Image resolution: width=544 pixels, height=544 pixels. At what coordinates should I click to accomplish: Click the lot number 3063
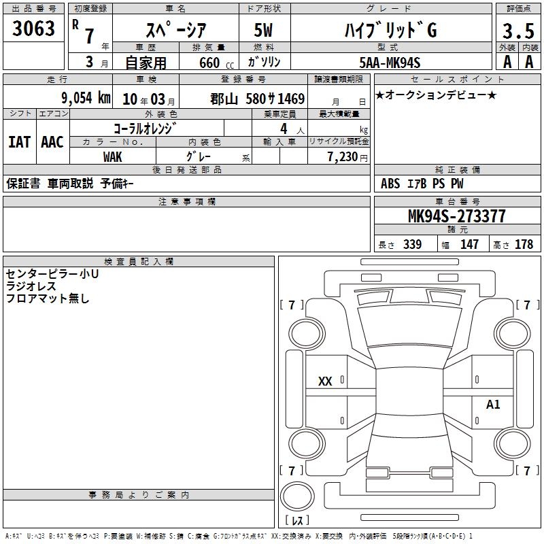pyautogui.click(x=33, y=28)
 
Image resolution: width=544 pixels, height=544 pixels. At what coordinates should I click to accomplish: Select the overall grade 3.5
pyautogui.click(x=518, y=31)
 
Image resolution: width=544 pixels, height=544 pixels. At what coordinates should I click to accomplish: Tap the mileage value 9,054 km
pyautogui.click(x=86, y=98)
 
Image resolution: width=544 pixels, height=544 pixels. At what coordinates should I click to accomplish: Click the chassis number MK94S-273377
pyautogui.click(x=456, y=216)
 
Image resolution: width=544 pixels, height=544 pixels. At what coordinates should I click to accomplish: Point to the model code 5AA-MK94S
pyautogui.click(x=390, y=63)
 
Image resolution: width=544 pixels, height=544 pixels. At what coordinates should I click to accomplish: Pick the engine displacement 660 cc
pyautogui.click(x=216, y=63)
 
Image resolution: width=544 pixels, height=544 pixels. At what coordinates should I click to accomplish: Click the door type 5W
pyautogui.click(x=263, y=30)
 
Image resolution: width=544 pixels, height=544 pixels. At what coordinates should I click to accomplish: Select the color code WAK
pyautogui.click(x=112, y=157)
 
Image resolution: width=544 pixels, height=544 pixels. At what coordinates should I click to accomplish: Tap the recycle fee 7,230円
pyautogui.click(x=347, y=157)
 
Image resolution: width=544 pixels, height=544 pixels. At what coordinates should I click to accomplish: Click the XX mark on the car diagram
pyautogui.click(x=325, y=381)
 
